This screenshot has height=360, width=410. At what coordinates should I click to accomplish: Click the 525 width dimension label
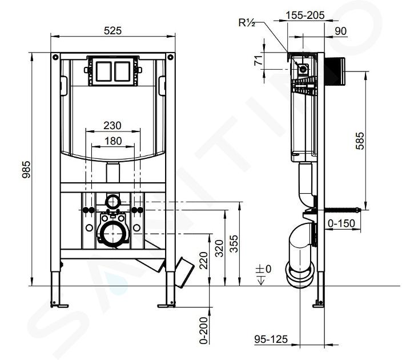112,31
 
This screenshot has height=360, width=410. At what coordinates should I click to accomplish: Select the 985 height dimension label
26,170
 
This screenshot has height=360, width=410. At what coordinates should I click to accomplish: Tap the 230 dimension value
112,125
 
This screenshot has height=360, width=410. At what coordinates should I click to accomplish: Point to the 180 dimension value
113,141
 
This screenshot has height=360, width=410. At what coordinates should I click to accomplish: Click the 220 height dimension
203,261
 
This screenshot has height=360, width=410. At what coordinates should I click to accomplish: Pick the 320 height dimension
219,248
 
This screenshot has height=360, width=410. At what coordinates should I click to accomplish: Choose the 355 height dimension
234,243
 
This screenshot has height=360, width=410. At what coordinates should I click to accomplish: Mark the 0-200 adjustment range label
203,330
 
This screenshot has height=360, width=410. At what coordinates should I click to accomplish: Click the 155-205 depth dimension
305,15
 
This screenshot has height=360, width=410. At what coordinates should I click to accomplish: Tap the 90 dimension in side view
341,31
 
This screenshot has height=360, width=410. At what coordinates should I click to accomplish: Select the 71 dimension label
259,61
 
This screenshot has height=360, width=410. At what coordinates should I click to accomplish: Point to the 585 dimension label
360,141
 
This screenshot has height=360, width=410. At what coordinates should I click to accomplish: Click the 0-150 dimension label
341,223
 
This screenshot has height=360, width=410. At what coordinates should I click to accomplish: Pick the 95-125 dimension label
271,339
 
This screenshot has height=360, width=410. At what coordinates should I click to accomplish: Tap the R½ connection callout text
247,23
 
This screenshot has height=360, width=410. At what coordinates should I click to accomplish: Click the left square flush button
104,71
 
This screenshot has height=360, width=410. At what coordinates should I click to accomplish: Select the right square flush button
122,71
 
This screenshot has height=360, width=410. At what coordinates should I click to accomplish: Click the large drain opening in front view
112,234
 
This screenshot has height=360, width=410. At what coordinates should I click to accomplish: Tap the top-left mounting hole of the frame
55,57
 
